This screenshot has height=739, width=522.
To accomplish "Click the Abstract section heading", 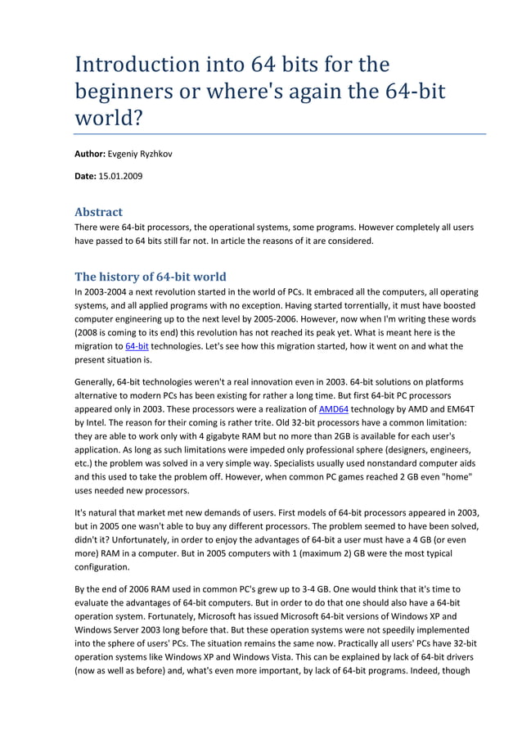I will coord(98,211).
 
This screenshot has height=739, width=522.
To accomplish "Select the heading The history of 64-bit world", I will coord(150,276).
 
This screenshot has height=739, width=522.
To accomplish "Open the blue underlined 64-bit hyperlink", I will coord(137,346).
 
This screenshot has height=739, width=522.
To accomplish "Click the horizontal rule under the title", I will coord(280,133).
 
